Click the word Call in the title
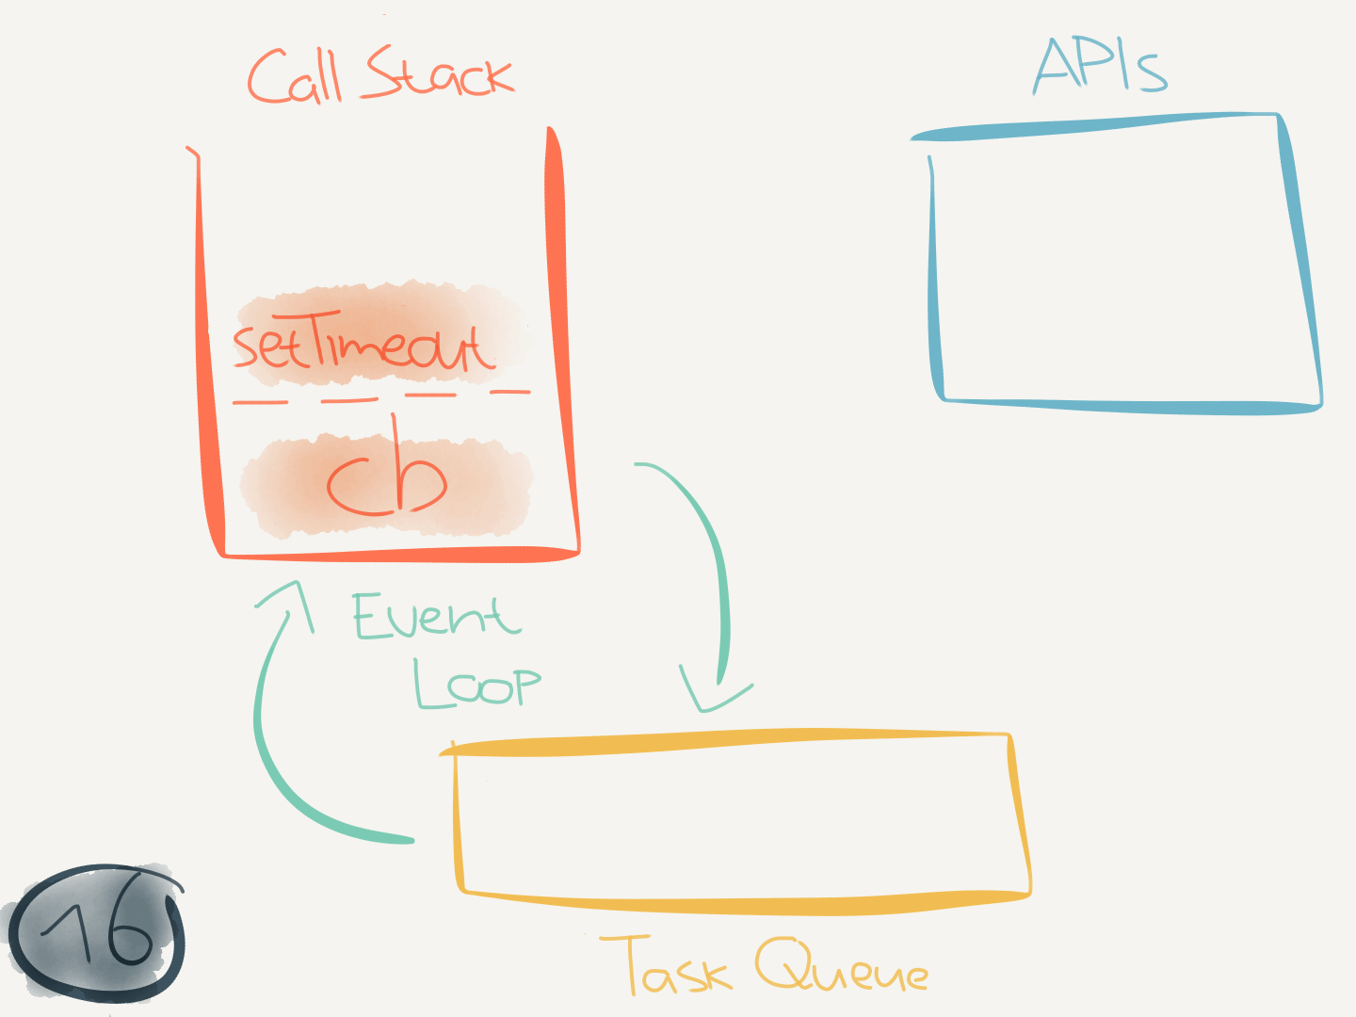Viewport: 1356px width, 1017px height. [x=294, y=77]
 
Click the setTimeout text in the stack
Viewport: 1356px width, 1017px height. [x=363, y=345]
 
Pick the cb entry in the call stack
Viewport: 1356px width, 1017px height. [x=386, y=480]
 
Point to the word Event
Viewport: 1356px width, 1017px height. [x=435, y=617]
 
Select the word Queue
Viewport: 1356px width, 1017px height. [x=842, y=968]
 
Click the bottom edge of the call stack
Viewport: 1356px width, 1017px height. [x=400, y=554]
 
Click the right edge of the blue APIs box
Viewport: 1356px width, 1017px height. [x=1301, y=264]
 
